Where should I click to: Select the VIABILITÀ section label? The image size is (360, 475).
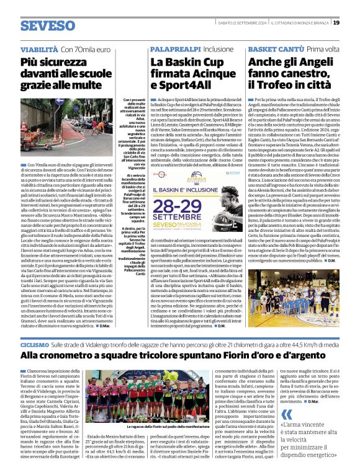(x=39, y=48)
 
